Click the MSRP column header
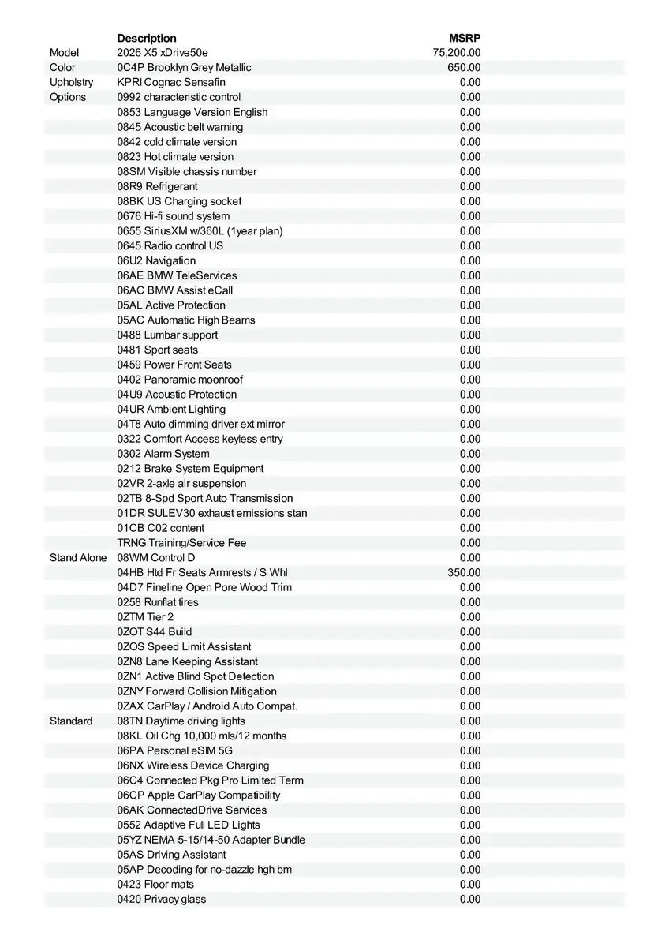pos(465,38)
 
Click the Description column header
pos(147,38)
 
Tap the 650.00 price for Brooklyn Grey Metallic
pos(464,68)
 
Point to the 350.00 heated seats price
pos(464,572)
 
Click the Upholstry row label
pos(71,82)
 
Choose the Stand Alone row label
pos(78,557)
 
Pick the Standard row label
pos(71,721)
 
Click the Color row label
pos(62,68)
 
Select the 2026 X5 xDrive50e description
pos(163,53)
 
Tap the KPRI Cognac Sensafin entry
pos(171,82)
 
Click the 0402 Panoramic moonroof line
pos(180,380)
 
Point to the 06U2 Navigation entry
pos(156,260)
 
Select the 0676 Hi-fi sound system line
pos(174,216)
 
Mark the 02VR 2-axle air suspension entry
pos(181,483)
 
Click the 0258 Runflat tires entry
pos(158,602)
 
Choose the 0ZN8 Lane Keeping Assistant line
pos(188,661)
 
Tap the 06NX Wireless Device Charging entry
pos(193,765)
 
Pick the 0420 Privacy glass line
pos(162,899)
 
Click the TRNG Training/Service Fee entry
pos(181,543)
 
